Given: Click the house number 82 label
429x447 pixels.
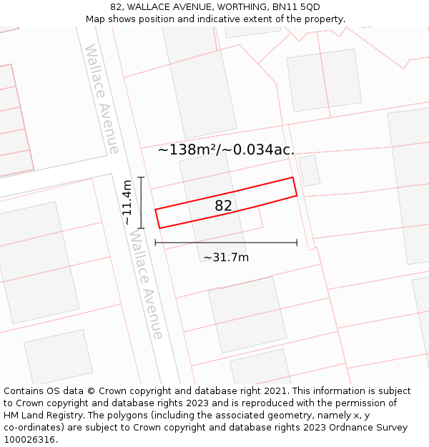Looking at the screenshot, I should tap(223, 206).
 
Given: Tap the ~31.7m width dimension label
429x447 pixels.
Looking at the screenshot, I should tap(226, 257).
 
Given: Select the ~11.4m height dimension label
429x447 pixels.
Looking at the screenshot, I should tap(127, 202).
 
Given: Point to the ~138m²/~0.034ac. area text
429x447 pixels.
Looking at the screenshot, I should tap(226, 149).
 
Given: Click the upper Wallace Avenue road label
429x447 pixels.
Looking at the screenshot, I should tap(102, 99).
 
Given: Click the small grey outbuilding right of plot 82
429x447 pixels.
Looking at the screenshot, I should tap(309, 171).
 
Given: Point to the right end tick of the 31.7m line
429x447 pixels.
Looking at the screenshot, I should tap(297, 243).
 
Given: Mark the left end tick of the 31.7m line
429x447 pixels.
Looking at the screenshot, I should tap(156, 243).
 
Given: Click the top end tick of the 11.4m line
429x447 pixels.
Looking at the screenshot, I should tap(142, 177).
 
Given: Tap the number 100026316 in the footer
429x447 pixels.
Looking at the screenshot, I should tap(30, 440).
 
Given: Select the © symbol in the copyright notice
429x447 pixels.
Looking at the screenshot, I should tap(92, 391).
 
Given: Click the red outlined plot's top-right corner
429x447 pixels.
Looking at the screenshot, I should tap(292, 177).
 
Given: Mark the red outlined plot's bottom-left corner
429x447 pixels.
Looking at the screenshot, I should tap(159, 228).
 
